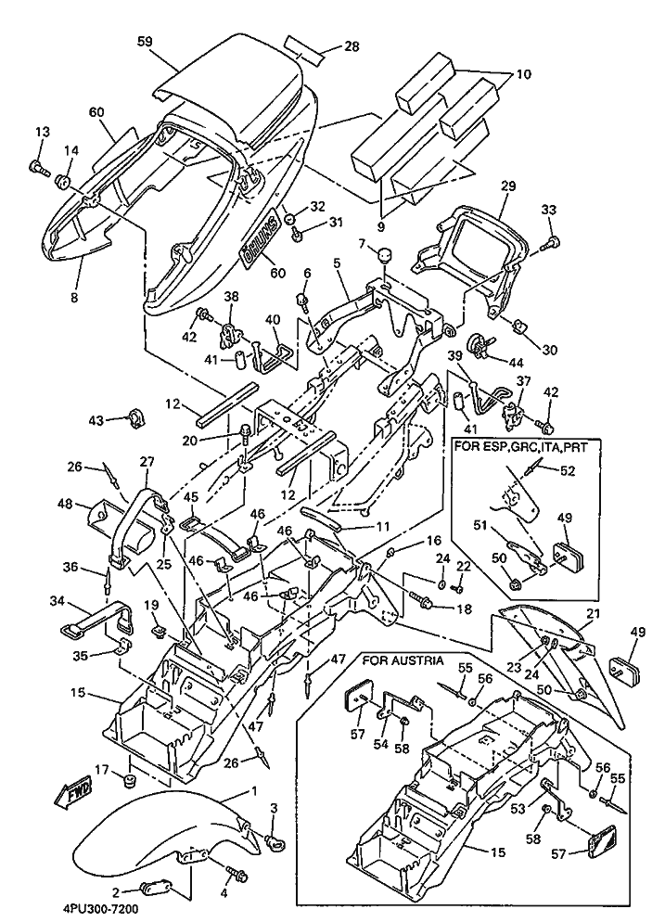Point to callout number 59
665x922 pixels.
145,41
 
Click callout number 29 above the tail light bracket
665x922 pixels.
507,186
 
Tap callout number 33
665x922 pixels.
549,210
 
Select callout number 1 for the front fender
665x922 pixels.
251,791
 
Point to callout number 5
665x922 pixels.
339,263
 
